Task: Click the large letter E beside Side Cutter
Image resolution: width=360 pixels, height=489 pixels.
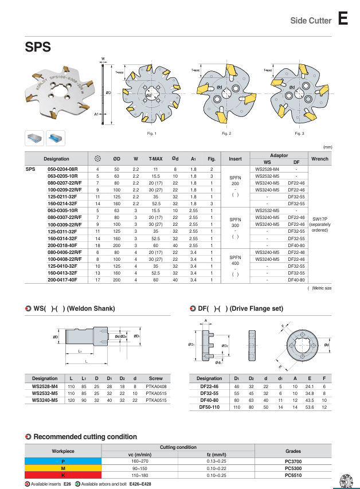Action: coord(343,19)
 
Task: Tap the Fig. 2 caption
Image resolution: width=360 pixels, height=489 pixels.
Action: coord(226,133)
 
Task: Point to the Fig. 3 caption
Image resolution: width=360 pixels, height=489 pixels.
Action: coord(299,133)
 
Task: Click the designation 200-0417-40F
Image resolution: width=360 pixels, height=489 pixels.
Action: coord(64,280)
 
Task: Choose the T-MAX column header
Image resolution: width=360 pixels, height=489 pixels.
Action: coord(155,159)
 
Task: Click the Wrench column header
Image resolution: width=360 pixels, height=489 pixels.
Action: coord(319,159)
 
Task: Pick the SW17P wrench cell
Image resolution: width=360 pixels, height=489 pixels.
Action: coord(319,218)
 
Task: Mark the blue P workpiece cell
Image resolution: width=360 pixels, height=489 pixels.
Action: coord(63,461)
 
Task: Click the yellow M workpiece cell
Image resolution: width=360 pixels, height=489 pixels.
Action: coord(63,468)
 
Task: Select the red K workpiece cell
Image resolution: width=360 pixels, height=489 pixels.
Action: coord(63,475)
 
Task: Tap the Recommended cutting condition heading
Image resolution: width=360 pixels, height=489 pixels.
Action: coord(85,436)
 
